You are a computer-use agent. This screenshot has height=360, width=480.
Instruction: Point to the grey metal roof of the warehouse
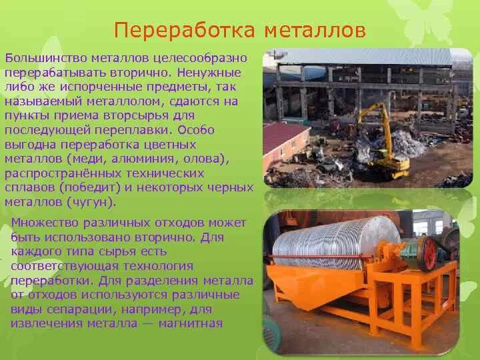pos(360,57)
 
